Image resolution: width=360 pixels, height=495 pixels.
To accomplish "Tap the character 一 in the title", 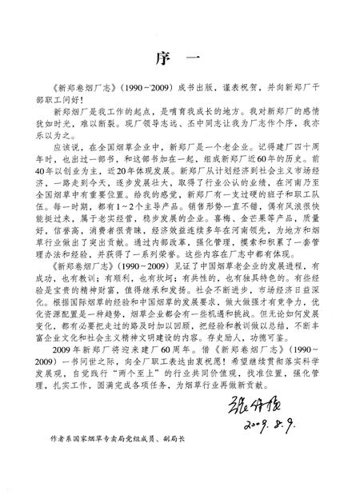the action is (202, 58).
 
